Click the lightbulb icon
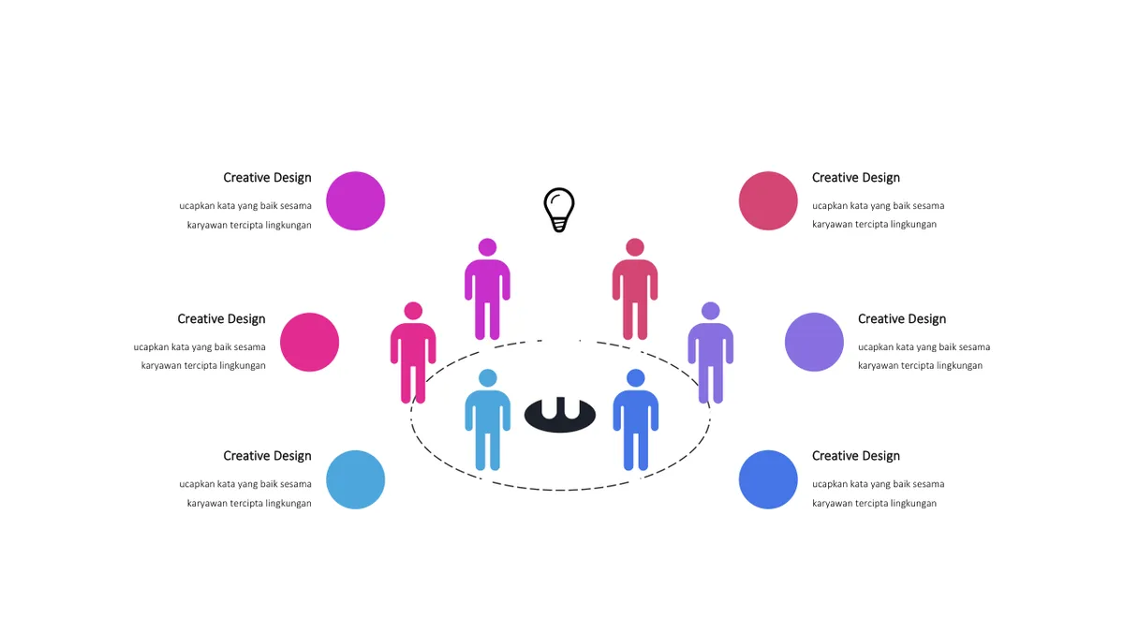559,210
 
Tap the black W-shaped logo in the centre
560,415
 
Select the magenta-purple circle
355,200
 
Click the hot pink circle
310,342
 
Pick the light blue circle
355,479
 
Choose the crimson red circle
768,200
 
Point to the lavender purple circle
814,342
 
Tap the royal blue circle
768,479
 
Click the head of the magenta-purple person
487,247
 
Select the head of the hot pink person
413,311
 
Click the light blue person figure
488,419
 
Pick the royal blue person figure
636,419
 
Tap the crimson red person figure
635,289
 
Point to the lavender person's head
711,311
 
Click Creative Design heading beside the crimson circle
855,178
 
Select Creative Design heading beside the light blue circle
267,456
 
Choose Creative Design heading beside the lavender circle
902,319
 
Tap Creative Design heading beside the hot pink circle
221,319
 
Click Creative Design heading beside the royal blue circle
855,456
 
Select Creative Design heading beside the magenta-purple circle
267,178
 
